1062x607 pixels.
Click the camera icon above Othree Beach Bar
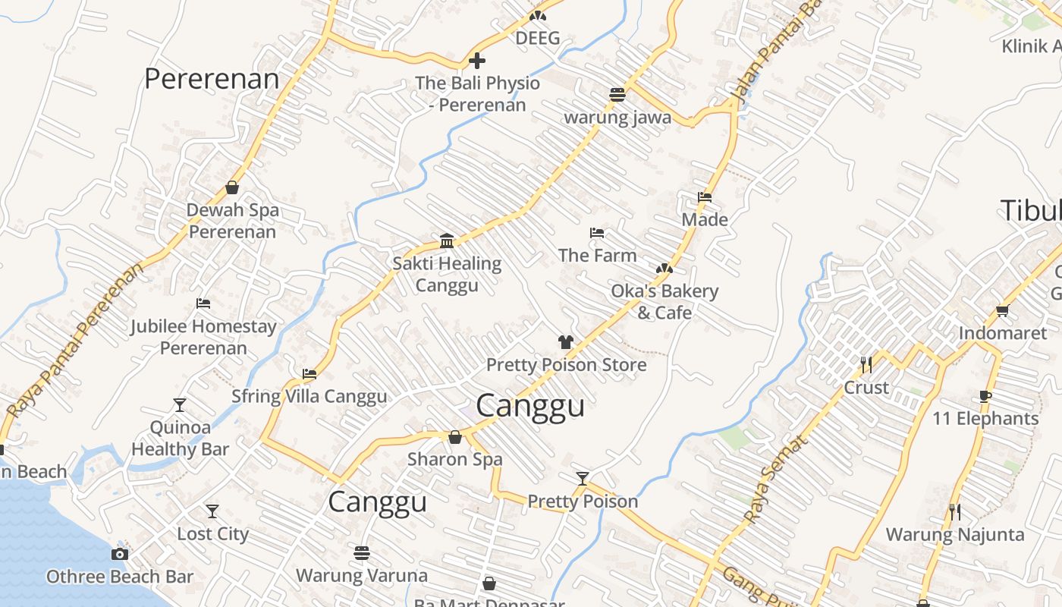[119, 554]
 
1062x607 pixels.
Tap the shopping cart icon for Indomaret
[1002, 310]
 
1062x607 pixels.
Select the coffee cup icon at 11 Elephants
[985, 396]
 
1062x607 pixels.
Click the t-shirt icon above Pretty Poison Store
[565, 342]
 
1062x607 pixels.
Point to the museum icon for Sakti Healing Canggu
[447, 241]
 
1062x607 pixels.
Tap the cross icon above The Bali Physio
[477, 60]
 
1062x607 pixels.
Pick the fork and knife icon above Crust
[866, 365]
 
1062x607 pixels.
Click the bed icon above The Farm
[597, 233]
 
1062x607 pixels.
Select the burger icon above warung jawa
[617, 95]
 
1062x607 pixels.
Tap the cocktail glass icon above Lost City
[212, 511]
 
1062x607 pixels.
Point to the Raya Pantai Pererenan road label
[74, 341]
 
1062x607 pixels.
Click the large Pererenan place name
[212, 79]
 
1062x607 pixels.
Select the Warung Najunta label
[954, 534]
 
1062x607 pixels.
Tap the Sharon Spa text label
[454, 459]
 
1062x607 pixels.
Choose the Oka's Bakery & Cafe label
[664, 302]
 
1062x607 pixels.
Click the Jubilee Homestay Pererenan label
[203, 337]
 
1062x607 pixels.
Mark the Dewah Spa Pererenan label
[232, 221]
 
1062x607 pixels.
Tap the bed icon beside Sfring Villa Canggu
[309, 374]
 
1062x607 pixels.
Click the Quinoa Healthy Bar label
[180, 438]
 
